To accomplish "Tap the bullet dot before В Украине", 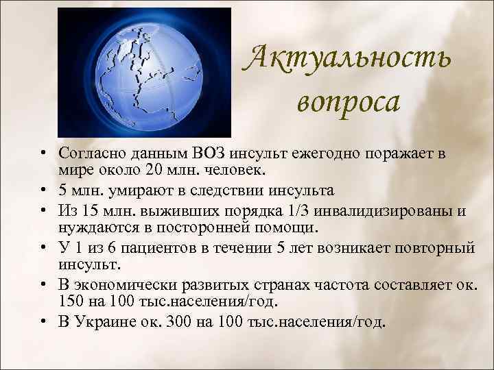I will [x=43, y=321].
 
